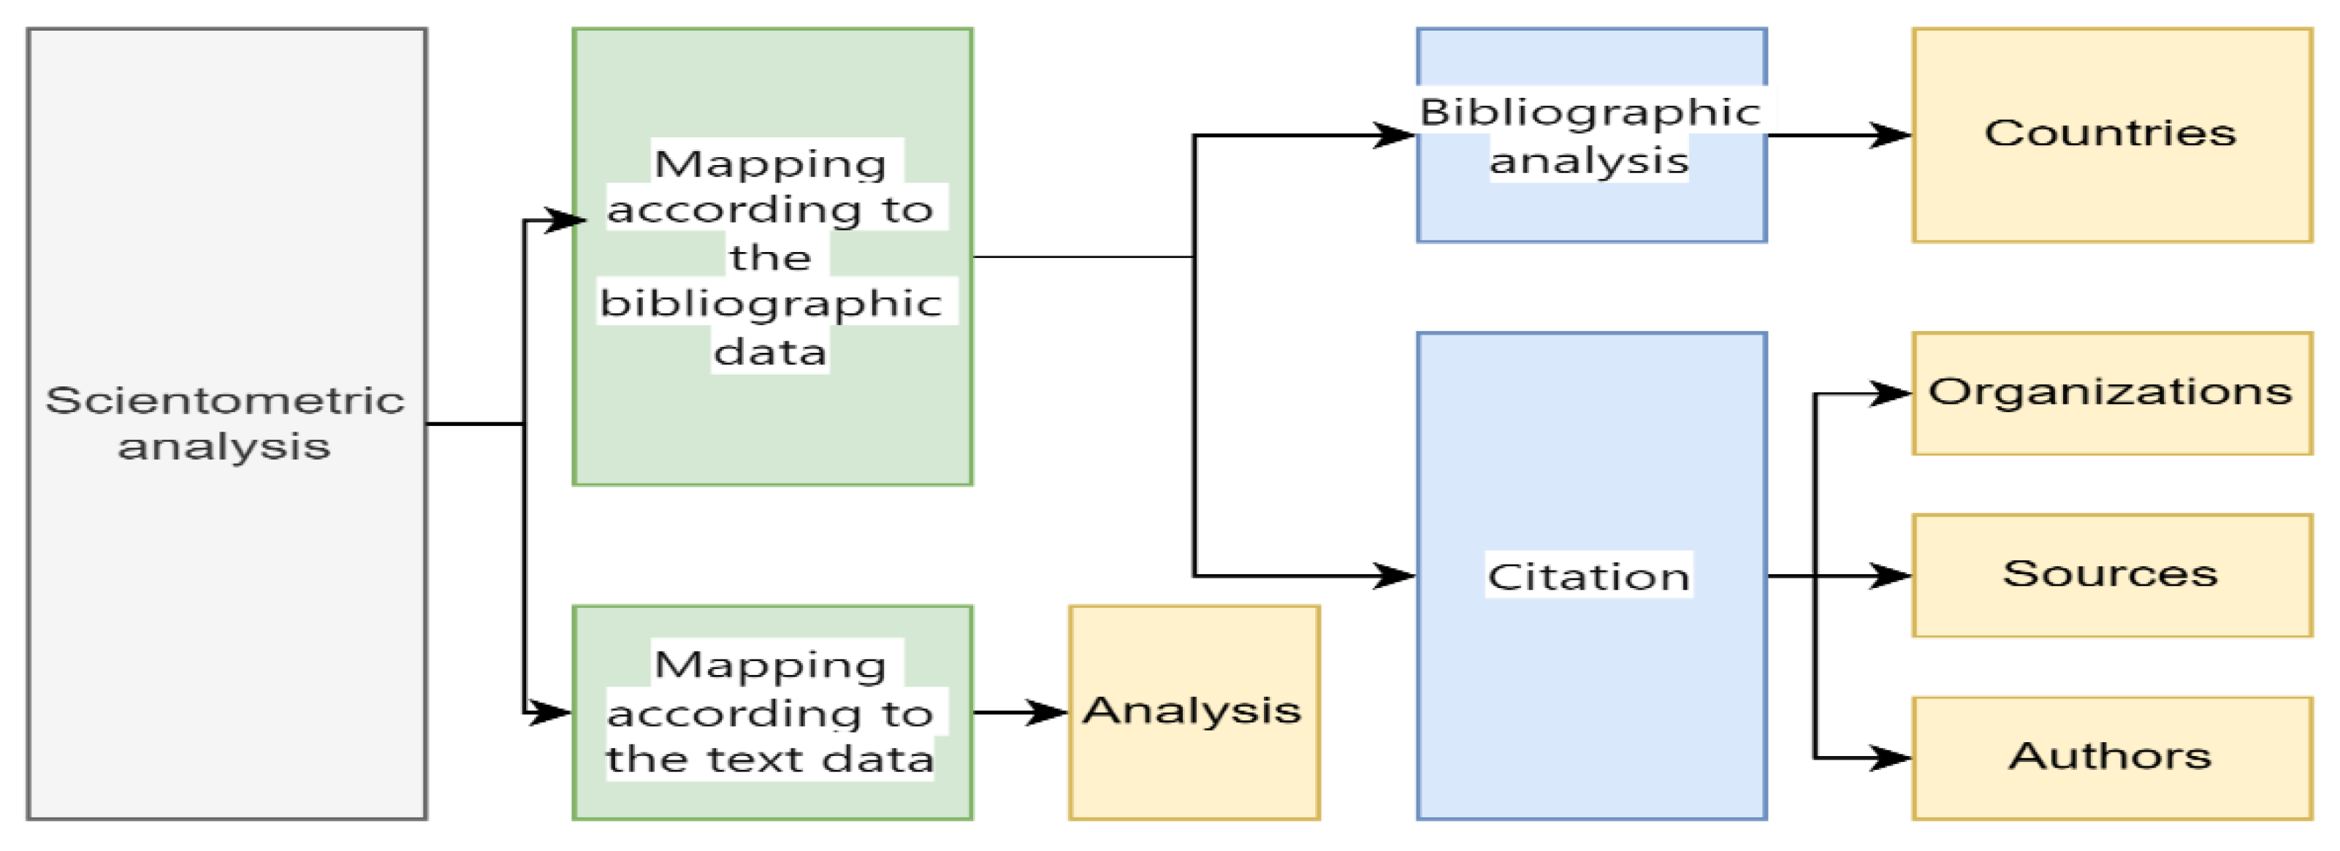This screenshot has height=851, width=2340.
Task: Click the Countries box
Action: pyautogui.click(x=2112, y=134)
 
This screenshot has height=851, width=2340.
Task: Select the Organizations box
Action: pyautogui.click(x=2112, y=393)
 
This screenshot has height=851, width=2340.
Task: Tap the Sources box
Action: pyautogui.click(x=2112, y=575)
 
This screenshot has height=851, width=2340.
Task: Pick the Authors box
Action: pyautogui.click(x=2112, y=757)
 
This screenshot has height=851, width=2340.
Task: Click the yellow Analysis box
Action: pyautogui.click(x=1194, y=711)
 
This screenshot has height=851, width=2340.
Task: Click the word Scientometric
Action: pyautogui.click(x=225, y=400)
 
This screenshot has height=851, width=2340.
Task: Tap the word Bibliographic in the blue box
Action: pyautogui.click(x=1590, y=112)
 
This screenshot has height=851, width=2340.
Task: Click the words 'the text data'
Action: pyautogui.click(x=770, y=759)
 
